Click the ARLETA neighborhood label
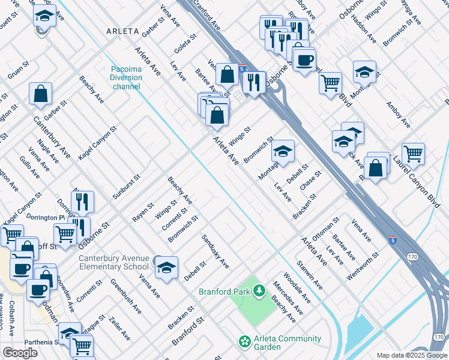[122, 31]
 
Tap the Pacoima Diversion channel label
[126, 77]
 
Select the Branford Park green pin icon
[259, 292]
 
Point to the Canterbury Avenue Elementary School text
[114, 263]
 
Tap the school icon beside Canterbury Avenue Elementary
[166, 268]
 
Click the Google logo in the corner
[20, 353]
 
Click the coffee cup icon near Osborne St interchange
[304, 60]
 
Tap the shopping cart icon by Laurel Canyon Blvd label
[413, 154]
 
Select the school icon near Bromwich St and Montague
[283, 151]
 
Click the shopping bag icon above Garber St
[40, 94]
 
